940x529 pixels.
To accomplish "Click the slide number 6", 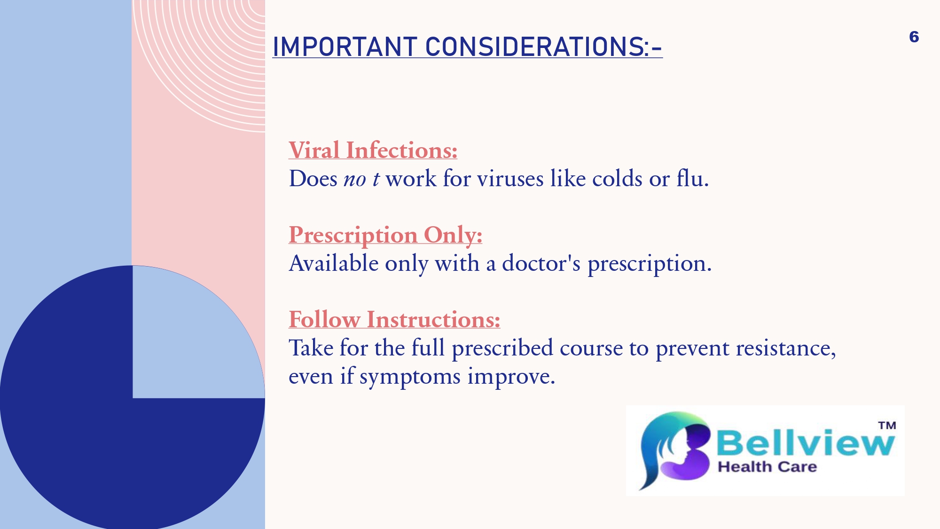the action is (914, 37).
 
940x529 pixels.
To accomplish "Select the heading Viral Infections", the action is (373, 150).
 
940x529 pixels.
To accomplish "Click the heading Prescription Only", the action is (385, 235).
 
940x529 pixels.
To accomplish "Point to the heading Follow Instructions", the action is (394, 320).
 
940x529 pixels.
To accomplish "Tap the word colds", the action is (617, 179).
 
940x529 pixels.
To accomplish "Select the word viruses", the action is (510, 179).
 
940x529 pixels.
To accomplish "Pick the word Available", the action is (334, 263).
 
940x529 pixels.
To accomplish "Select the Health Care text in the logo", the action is (767, 467).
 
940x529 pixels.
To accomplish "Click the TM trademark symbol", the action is (887, 426).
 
